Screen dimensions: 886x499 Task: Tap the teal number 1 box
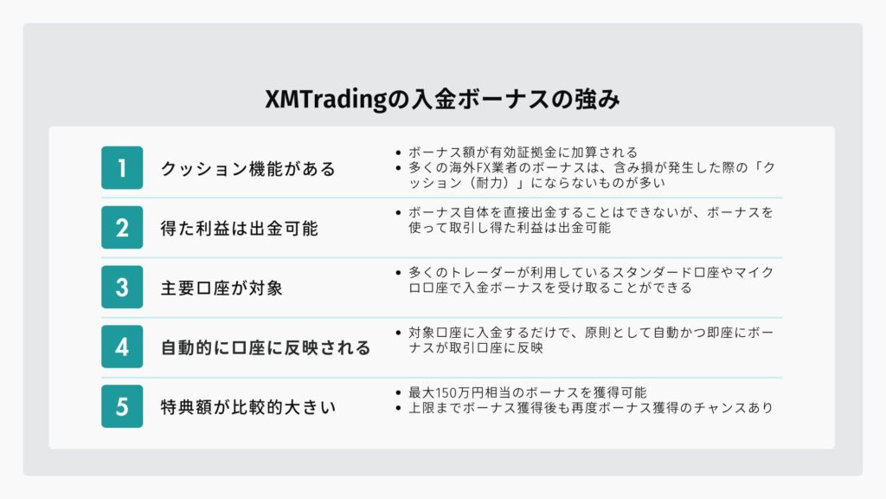122,167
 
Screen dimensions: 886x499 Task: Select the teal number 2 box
122,228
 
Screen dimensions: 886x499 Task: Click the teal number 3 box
122,287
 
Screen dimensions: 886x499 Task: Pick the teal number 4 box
122,347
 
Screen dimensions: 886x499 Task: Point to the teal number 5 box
122,406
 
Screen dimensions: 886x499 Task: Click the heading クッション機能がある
248,169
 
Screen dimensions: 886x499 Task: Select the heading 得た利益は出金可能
239,229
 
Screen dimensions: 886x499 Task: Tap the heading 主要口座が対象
221,288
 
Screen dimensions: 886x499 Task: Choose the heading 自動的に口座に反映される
266,347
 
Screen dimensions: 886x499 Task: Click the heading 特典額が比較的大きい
248,407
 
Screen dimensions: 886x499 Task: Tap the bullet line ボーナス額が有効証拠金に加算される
523,152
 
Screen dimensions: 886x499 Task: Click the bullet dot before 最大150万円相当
398,393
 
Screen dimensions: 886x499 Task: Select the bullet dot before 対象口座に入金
398,334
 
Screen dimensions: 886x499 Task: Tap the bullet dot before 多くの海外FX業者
398,168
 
